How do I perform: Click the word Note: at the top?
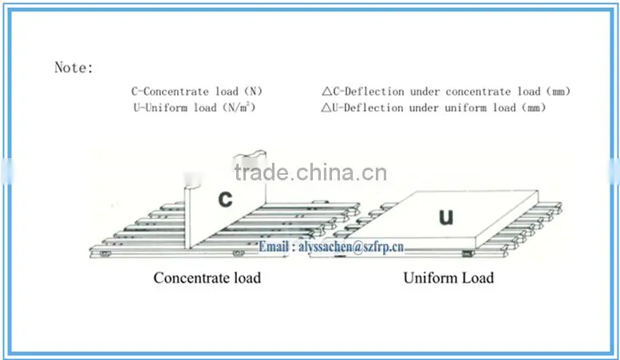[73, 68]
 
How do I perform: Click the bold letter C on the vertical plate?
[225, 199]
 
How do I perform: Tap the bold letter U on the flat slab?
[446, 217]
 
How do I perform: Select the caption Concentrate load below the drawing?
[207, 278]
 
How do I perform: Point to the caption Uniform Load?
[448, 278]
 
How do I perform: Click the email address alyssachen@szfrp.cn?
[351, 247]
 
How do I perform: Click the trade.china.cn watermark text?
[310, 173]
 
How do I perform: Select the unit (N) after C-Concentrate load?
[254, 91]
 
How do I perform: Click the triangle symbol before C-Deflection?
[326, 92]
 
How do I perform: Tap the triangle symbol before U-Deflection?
[326, 108]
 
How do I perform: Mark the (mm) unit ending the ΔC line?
[559, 92]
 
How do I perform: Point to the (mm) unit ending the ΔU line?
[534, 108]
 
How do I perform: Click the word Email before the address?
[273, 247]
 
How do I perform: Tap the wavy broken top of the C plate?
[250, 153]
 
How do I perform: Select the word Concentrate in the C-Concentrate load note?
[176, 91]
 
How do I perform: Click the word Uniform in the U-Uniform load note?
[167, 108]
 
